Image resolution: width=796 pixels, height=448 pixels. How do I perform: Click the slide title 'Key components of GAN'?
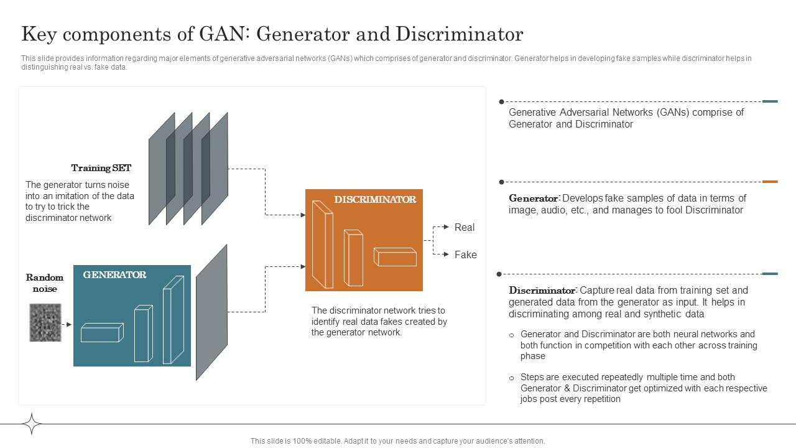point(272,34)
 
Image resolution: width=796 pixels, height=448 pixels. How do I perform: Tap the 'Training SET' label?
point(101,168)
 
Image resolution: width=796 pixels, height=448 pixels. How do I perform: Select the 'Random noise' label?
point(45,283)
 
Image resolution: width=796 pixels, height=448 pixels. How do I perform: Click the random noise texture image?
point(45,322)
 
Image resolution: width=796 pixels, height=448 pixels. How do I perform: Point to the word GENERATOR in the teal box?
point(114,275)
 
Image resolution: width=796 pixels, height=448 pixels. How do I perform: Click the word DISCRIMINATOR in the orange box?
point(375,200)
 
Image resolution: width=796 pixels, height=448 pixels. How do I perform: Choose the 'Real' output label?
point(465,228)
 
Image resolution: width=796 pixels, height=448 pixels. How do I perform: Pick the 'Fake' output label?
point(465,254)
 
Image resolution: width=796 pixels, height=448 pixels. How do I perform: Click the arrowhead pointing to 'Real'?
point(446,227)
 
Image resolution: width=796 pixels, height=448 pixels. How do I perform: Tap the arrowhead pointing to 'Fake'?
point(446,254)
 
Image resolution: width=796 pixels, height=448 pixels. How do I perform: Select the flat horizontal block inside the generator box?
point(102,333)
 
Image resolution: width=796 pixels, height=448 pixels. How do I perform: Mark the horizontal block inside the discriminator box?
point(395,256)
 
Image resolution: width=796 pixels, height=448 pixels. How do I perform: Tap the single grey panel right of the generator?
point(211,312)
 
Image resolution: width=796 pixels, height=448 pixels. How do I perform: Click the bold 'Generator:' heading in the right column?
point(534,198)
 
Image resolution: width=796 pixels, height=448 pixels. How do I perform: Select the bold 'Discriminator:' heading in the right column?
point(543,291)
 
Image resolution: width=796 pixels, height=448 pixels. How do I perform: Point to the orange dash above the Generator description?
point(770,182)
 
